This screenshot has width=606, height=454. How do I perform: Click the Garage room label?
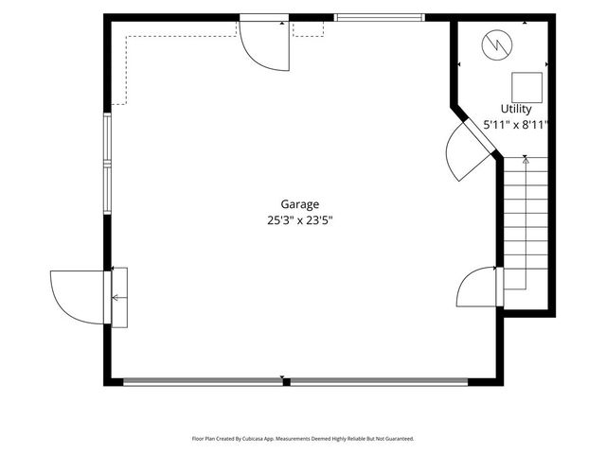pos(299,204)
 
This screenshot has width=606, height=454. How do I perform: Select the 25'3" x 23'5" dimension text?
pos(300,220)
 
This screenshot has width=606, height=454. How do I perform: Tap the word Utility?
pos(516,109)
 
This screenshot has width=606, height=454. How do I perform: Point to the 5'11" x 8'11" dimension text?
pos(516,125)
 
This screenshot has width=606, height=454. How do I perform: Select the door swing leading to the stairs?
pos(476,287)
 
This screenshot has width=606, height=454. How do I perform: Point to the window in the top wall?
pos(379,17)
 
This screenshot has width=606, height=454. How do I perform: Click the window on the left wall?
pos(107,164)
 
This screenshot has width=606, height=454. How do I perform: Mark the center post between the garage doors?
pos(286,382)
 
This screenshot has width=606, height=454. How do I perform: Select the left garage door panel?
pos(203,382)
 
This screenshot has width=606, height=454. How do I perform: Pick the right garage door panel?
pos(379,382)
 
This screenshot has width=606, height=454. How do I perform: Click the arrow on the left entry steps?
pos(119,298)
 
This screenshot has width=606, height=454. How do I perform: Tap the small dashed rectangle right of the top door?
pos(308,29)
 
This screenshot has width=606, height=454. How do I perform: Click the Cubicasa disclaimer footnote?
pos(303,439)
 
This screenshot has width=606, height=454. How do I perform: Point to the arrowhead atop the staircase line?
pos(526,161)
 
